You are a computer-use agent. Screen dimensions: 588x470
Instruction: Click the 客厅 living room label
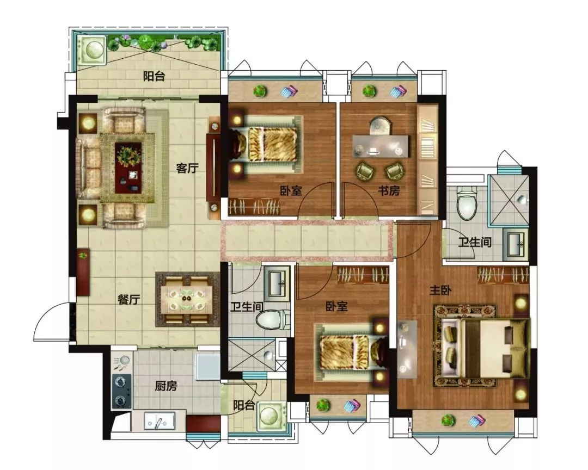(187, 168)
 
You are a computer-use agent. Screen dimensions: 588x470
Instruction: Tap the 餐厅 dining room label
(128, 300)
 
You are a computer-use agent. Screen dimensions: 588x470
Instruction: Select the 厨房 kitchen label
(166, 386)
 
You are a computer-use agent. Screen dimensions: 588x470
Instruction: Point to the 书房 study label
(389, 191)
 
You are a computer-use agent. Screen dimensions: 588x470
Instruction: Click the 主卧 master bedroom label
(440, 290)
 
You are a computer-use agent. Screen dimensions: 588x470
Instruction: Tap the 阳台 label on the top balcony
(154, 77)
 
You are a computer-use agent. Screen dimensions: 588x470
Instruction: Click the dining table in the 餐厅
(186, 299)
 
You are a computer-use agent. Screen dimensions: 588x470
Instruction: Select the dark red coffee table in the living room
(128, 168)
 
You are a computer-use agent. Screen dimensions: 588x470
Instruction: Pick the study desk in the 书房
(380, 146)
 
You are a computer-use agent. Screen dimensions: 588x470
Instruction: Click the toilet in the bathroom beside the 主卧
(467, 204)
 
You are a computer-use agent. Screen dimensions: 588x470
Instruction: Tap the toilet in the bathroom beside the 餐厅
(273, 320)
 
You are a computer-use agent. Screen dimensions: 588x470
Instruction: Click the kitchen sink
(160, 420)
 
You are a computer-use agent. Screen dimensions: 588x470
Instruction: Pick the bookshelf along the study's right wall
(427, 160)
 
